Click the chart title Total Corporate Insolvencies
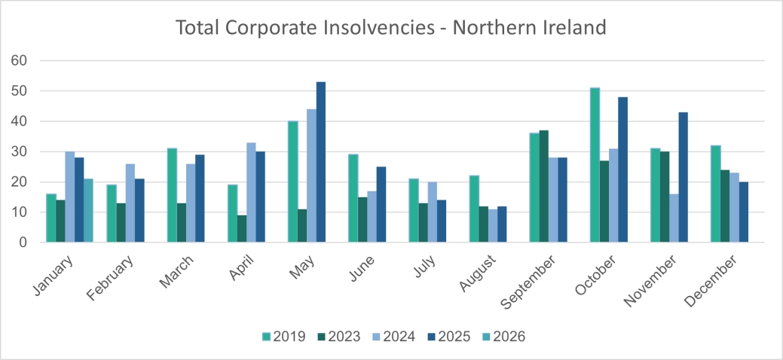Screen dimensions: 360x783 click(x=391, y=28)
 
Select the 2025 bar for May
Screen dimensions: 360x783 click(x=321, y=162)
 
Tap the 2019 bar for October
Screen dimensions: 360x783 click(x=595, y=165)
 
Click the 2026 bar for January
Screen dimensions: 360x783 click(x=88, y=211)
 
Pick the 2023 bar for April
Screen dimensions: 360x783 click(x=241, y=229)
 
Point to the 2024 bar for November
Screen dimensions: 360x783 click(x=673, y=218)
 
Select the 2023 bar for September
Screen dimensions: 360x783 click(x=544, y=186)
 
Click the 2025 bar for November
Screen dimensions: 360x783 click(x=683, y=177)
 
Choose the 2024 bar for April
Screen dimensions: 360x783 click(x=251, y=193)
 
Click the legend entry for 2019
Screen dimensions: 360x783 click(x=283, y=337)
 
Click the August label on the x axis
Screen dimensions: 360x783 click(x=476, y=276)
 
